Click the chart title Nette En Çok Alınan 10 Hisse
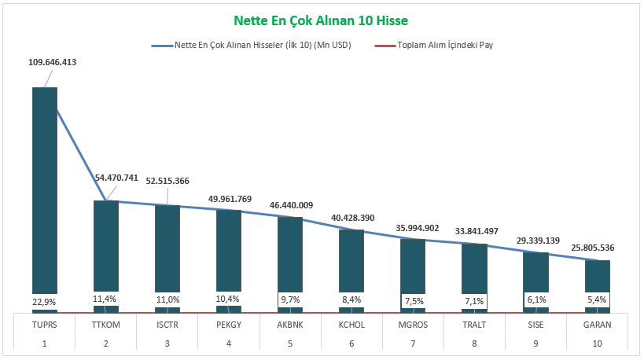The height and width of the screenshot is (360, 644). [321, 19]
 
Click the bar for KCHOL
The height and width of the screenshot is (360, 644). [351, 263]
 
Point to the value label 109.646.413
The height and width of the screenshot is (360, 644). [52, 62]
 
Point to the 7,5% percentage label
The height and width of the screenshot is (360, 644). [414, 300]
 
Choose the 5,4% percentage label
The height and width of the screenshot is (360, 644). [598, 300]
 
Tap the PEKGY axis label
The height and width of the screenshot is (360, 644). [229, 323]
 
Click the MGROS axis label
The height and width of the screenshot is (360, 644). [413, 323]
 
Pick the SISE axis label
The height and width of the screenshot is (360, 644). [535, 323]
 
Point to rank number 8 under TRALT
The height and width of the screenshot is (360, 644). [474, 343]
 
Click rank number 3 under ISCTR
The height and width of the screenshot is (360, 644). [167, 343]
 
